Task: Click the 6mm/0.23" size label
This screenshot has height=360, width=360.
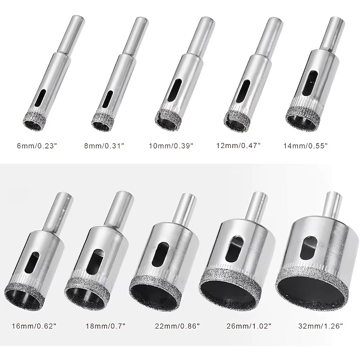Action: click(x=37, y=146)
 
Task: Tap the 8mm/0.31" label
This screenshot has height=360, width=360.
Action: click(x=104, y=146)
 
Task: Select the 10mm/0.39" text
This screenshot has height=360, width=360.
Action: click(x=171, y=146)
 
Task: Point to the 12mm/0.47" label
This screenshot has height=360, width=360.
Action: click(x=238, y=145)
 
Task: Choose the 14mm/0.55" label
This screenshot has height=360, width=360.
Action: click(x=306, y=146)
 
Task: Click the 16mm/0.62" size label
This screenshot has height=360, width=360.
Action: click(x=34, y=326)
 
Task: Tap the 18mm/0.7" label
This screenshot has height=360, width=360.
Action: click(x=105, y=326)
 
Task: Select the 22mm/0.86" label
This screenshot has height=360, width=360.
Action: click(x=177, y=326)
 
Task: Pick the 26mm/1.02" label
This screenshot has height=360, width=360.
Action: click(x=249, y=326)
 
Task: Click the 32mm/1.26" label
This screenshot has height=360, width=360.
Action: click(x=320, y=326)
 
